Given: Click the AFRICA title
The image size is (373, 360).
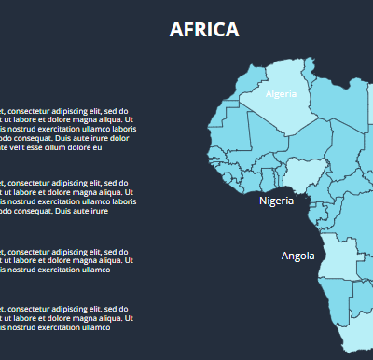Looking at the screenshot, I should [204, 30].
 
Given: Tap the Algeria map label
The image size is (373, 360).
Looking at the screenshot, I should [281, 94].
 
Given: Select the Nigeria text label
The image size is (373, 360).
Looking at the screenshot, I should [276, 201].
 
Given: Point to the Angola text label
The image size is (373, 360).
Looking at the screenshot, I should [298, 256].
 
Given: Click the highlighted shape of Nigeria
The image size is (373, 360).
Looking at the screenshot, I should [300, 174].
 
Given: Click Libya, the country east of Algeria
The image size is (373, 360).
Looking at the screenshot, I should [336, 103].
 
